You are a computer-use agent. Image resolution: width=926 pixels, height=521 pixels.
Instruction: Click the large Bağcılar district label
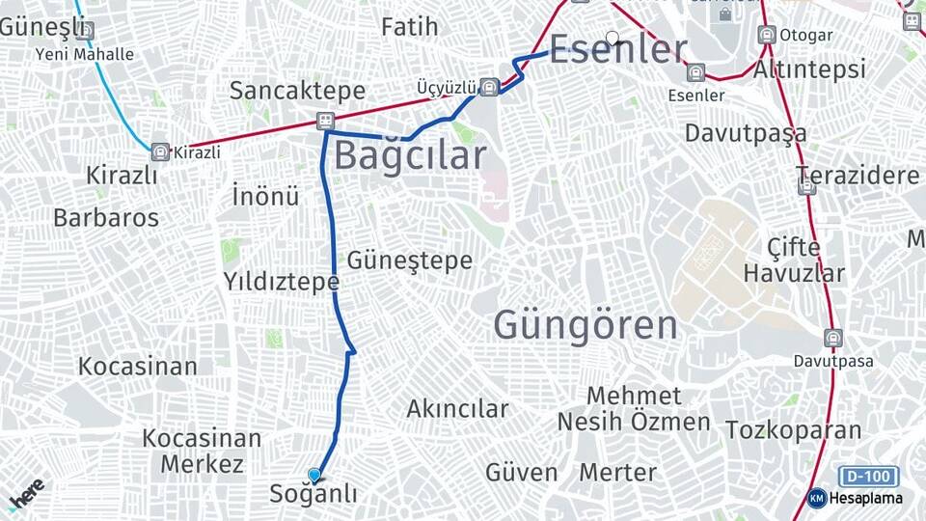coord(409,155)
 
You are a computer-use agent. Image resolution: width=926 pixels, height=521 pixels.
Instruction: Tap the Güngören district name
coord(586,325)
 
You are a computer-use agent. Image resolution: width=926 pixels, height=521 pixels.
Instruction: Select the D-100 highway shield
coord(868,476)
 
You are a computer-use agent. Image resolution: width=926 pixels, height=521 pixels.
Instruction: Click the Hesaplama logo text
coord(865,498)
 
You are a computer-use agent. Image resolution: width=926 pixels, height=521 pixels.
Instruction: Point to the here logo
coord(25,494)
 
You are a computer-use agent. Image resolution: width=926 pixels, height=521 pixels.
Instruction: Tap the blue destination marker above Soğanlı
coord(314,475)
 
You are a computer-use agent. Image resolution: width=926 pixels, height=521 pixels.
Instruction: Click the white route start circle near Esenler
coord(612,39)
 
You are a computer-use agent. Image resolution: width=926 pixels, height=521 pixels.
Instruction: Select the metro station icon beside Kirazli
coord(160,151)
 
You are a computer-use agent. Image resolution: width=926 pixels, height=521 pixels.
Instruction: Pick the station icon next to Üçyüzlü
coord(489,87)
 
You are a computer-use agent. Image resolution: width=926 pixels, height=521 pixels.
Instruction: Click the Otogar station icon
coord(767,35)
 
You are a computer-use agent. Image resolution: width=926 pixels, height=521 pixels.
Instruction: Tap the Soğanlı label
coord(314,495)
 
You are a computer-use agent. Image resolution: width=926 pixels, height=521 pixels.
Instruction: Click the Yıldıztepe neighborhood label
coord(281,282)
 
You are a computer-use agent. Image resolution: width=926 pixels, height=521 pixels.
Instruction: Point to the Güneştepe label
coord(409,260)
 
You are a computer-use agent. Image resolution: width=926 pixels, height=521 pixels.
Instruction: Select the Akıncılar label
coord(457,409)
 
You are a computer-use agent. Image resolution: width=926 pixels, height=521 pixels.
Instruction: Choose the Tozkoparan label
coord(793,429)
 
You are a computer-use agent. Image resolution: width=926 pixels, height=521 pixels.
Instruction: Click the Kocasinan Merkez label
coord(202,451)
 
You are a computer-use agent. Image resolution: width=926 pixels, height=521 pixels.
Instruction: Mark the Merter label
coord(617,473)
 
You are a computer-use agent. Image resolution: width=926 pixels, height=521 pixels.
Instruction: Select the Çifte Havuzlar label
coord(793,260)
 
